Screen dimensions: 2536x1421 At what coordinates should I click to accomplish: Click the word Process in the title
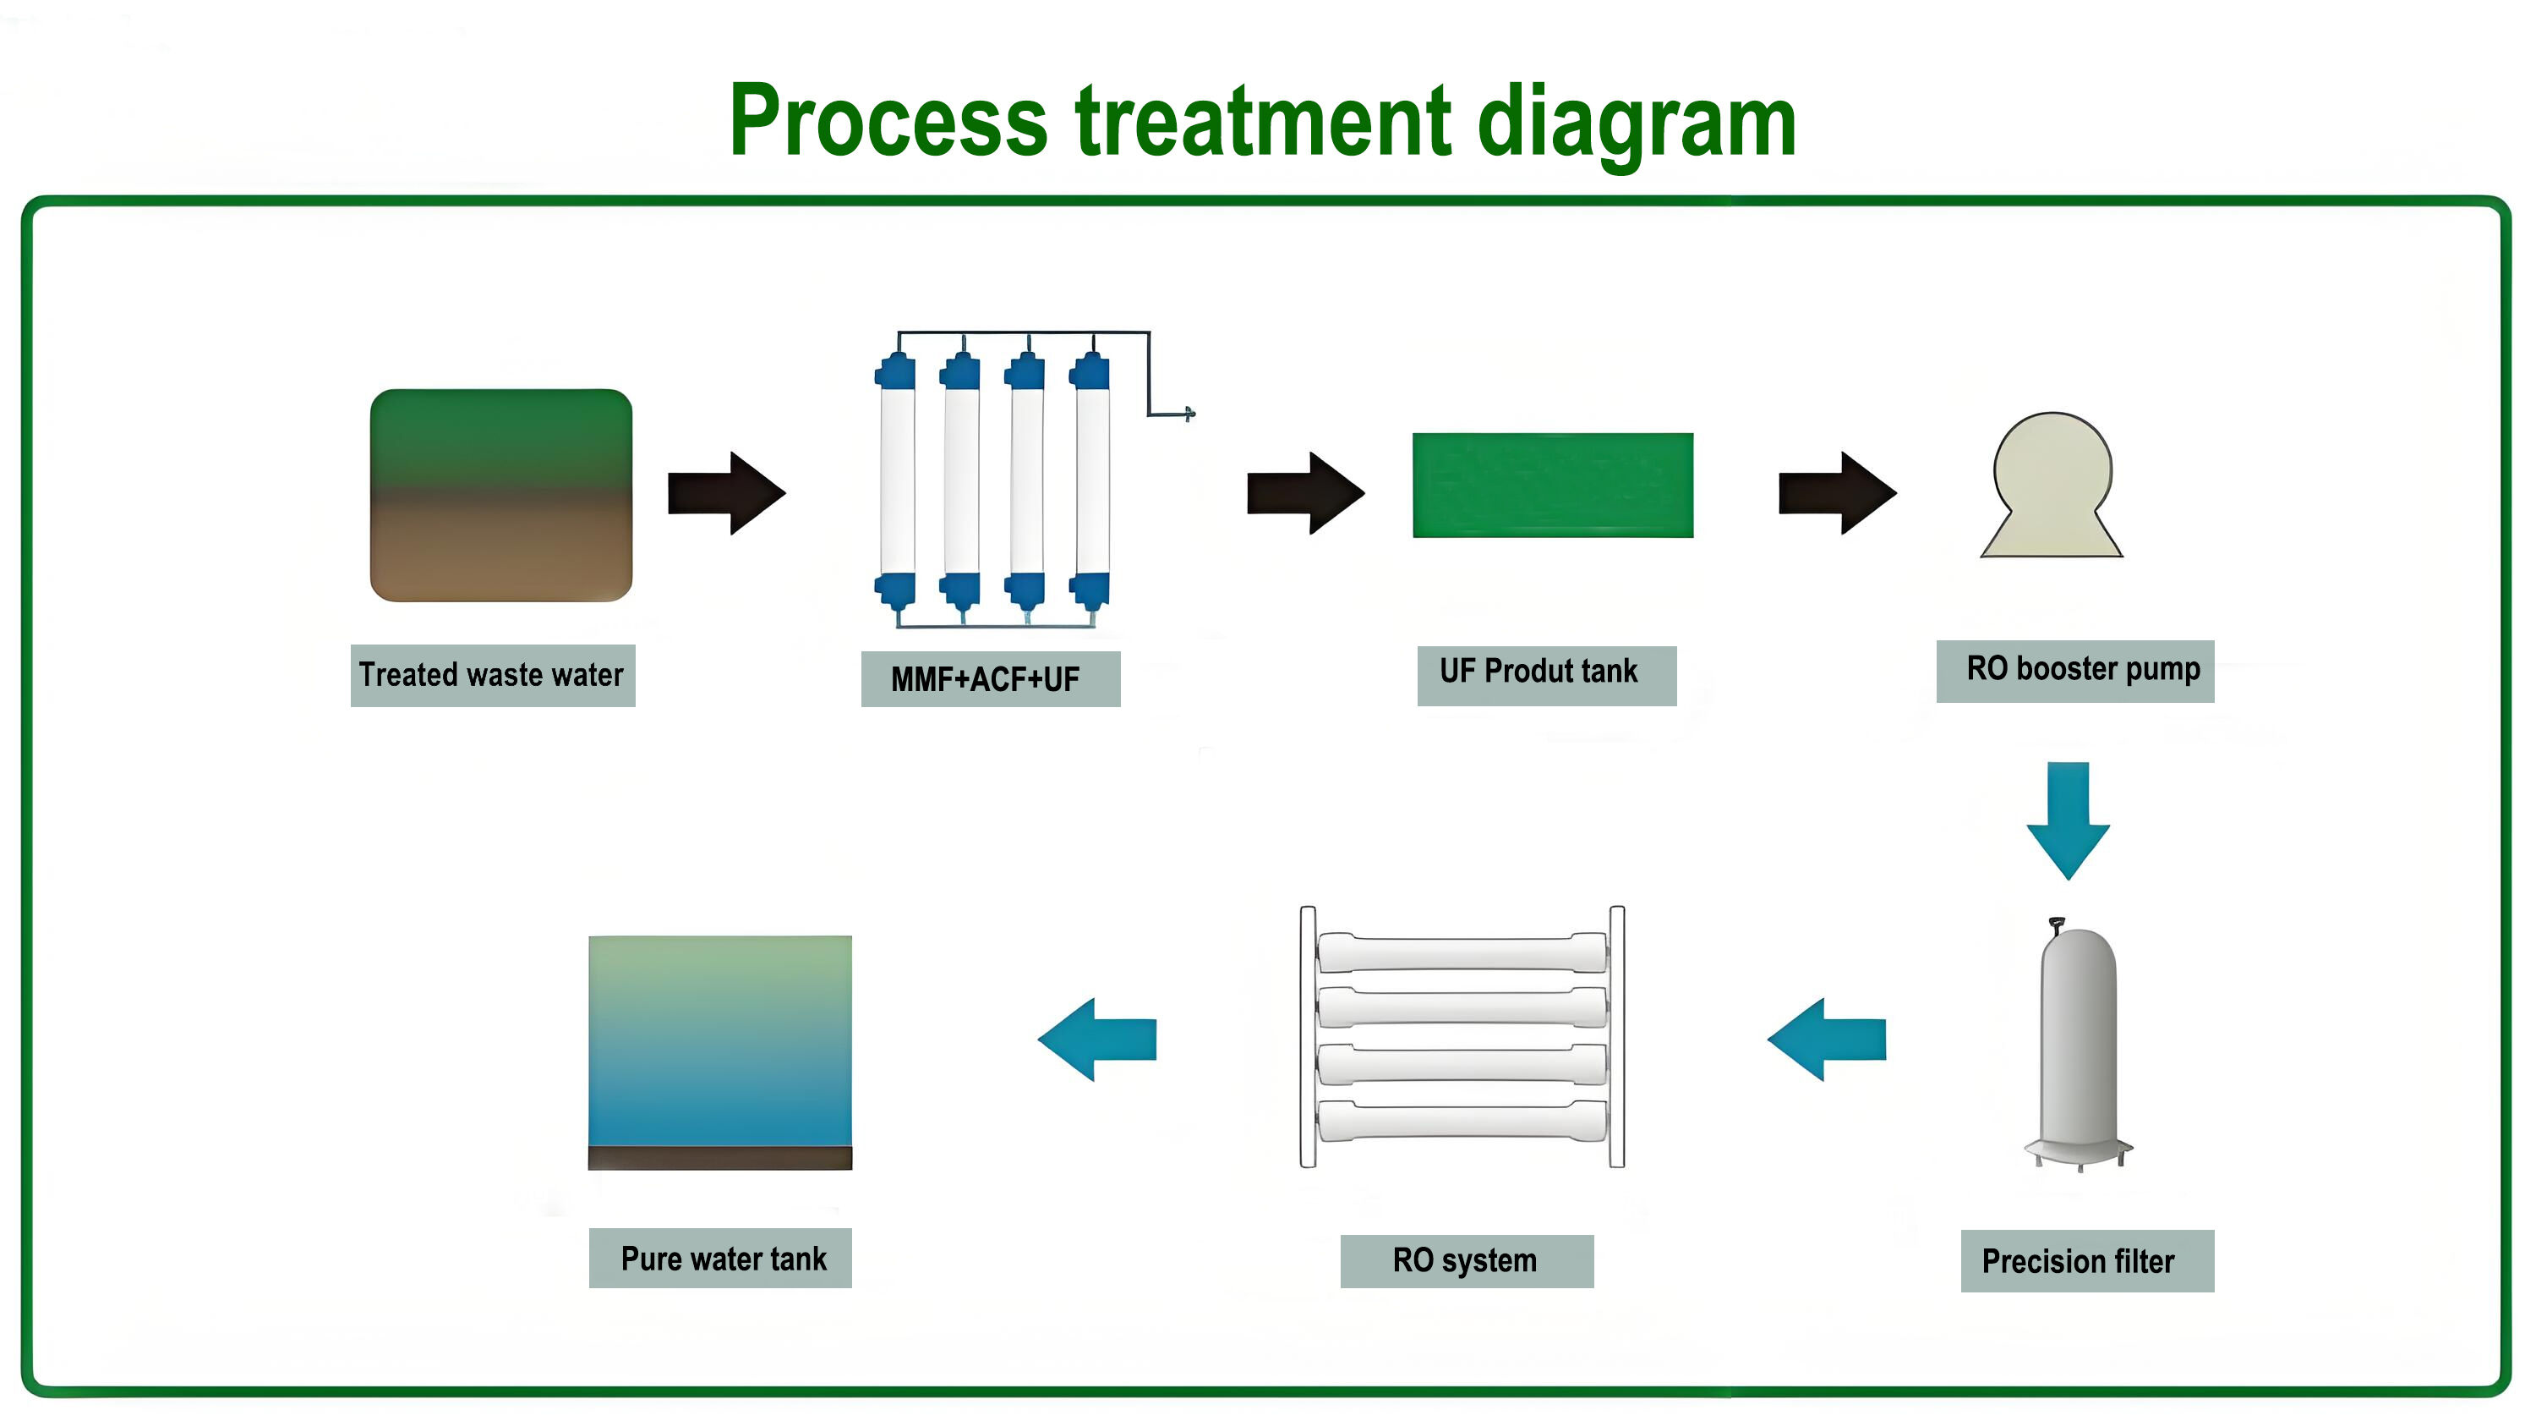pyautogui.click(x=888, y=122)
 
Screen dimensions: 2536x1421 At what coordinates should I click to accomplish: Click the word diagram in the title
pyautogui.click(x=1637, y=122)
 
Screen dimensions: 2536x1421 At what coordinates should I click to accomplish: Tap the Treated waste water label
pyautogui.click(x=492, y=676)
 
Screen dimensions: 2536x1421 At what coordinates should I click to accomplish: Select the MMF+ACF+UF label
pyautogui.click(x=991, y=678)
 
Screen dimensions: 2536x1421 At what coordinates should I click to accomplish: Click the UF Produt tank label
pyautogui.click(x=1547, y=676)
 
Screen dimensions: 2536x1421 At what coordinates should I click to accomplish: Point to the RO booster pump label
pyautogui.click(x=2075, y=671)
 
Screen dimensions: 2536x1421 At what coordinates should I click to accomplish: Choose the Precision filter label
pyautogui.click(x=2087, y=1260)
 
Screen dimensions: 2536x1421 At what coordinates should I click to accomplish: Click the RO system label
pyautogui.click(x=1467, y=1260)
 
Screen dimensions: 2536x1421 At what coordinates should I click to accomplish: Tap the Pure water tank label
pyautogui.click(x=720, y=1258)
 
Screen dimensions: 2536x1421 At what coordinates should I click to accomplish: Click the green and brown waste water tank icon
pyautogui.click(x=501, y=496)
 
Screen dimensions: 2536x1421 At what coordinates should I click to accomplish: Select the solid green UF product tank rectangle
pyautogui.click(x=1553, y=486)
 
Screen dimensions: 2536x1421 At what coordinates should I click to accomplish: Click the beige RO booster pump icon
pyautogui.click(x=2052, y=485)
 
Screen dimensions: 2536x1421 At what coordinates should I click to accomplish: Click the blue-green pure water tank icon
pyautogui.click(x=720, y=1053)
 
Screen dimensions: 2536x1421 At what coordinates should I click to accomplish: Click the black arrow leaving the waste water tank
pyautogui.click(x=726, y=493)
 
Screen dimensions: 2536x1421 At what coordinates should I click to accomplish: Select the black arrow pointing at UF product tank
pyautogui.click(x=1305, y=493)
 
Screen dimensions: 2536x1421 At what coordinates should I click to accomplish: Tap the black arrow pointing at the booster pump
pyautogui.click(x=1837, y=493)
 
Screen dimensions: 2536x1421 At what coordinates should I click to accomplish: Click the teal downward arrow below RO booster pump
pyautogui.click(x=2068, y=820)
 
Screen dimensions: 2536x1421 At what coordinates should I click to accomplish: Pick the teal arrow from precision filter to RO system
pyautogui.click(x=1826, y=1039)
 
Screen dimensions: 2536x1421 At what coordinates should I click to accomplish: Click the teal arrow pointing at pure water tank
pyautogui.click(x=1096, y=1039)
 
